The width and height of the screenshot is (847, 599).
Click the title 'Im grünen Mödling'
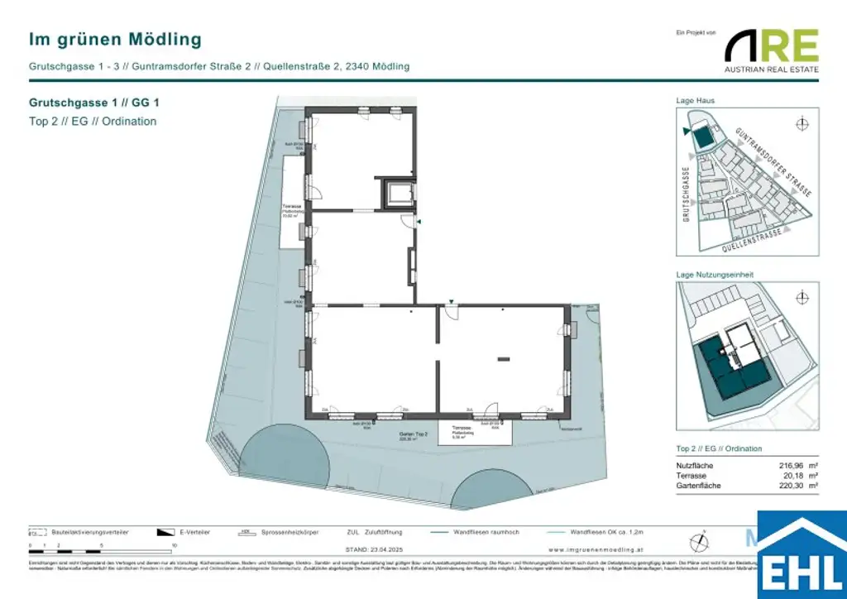coord(115,39)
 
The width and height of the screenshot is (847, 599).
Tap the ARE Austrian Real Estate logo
coord(772,50)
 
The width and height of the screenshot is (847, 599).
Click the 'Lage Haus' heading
coord(696,101)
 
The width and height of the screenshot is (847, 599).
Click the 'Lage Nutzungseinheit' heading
coord(715,275)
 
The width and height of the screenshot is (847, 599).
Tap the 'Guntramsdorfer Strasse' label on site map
coord(774,161)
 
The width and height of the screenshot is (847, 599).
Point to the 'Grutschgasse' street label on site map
coord(686,195)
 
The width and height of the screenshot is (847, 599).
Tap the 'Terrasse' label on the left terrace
coord(290,206)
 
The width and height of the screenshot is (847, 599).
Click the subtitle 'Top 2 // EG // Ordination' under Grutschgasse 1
coord(93,122)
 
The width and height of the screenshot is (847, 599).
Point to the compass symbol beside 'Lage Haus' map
coord(801,124)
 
